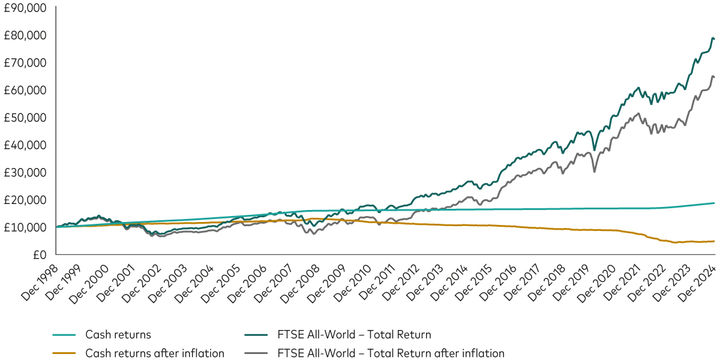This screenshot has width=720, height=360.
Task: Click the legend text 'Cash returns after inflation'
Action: pos(155,353)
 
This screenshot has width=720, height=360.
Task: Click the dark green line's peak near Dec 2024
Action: pos(712,38)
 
